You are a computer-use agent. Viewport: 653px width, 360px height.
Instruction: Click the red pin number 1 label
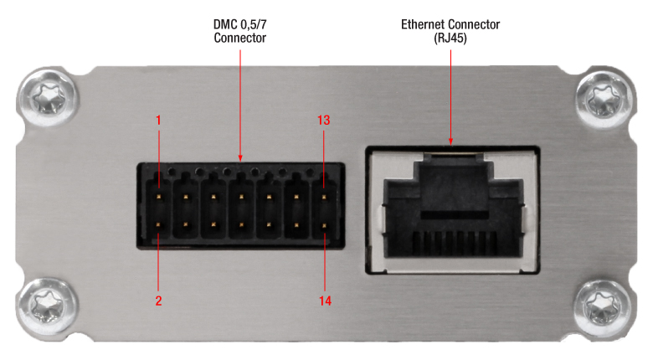click(x=158, y=120)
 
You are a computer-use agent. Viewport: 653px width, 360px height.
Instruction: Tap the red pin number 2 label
click(x=158, y=299)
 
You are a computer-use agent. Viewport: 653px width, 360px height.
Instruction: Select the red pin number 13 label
click(x=324, y=120)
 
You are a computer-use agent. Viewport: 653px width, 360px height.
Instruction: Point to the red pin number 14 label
click(x=324, y=299)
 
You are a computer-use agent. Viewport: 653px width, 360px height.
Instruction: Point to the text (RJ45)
click(x=451, y=38)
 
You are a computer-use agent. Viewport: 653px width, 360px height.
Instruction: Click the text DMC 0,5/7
click(x=239, y=24)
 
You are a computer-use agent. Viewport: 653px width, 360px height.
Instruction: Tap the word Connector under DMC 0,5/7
click(x=239, y=38)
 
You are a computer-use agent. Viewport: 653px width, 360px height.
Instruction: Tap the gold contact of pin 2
click(x=159, y=224)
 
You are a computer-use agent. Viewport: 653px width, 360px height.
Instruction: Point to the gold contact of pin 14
click(x=324, y=224)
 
